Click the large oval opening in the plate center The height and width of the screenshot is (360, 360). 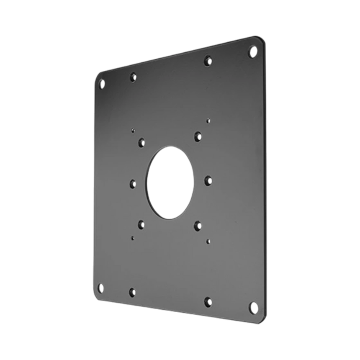pyautogui.click(x=170, y=183)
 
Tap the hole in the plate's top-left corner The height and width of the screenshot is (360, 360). pyautogui.click(x=102, y=83)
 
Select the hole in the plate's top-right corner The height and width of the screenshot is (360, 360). pyautogui.click(x=252, y=52)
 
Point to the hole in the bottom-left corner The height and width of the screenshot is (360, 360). pyautogui.click(x=100, y=287)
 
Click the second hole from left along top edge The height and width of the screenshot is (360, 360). pyautogui.click(x=134, y=77)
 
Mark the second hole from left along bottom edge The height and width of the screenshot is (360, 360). pyautogui.click(x=132, y=291)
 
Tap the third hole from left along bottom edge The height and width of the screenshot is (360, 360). pyautogui.click(x=208, y=301)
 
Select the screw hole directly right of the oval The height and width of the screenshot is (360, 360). pyautogui.click(x=208, y=181)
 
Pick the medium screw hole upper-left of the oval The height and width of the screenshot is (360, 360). pyautogui.click(x=141, y=142)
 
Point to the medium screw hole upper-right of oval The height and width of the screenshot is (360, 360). pyautogui.click(x=198, y=136)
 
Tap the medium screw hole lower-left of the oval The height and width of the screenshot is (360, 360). pyautogui.click(x=141, y=224)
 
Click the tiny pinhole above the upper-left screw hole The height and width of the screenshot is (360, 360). pyautogui.click(x=133, y=130)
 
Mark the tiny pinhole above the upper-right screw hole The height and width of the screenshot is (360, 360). pyautogui.click(x=208, y=121)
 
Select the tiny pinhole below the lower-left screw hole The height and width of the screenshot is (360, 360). pyautogui.click(x=133, y=237)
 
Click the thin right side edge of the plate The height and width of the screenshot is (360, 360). pyautogui.click(x=264, y=180)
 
